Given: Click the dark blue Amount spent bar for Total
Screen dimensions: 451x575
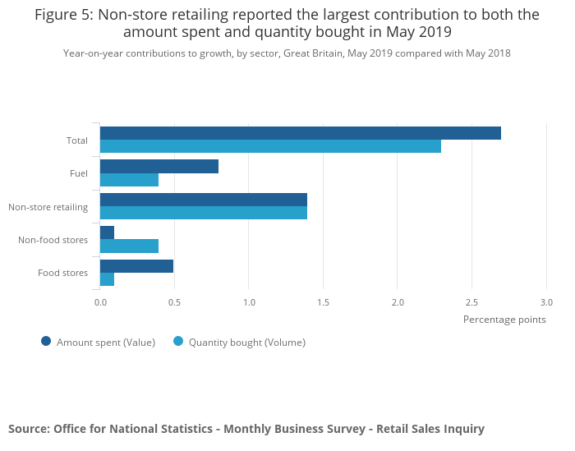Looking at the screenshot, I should pyautogui.click(x=300, y=133).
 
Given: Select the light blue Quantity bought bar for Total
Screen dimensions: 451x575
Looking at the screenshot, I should pyautogui.click(x=270, y=146).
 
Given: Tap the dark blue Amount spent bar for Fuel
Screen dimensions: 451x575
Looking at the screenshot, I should pyautogui.click(x=159, y=166).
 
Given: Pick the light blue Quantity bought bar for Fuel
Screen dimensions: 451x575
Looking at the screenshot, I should pyautogui.click(x=129, y=180).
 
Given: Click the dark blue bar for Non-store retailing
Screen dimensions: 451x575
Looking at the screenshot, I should pyautogui.click(x=204, y=200).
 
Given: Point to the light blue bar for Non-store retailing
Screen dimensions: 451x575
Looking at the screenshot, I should pyautogui.click(x=204, y=213).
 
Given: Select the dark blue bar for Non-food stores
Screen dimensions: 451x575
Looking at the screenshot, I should pyautogui.click(x=107, y=232).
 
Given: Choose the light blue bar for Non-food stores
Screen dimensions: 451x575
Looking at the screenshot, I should pyautogui.click(x=129, y=246).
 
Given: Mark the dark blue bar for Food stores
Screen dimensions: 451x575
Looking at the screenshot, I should pyautogui.click(x=136, y=266).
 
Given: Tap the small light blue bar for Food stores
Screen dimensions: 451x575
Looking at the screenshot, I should pyautogui.click(x=107, y=279).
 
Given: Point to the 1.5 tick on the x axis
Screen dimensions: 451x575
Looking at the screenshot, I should pyautogui.click(x=323, y=302).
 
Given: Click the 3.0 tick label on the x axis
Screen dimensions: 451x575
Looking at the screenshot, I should pyautogui.click(x=546, y=302).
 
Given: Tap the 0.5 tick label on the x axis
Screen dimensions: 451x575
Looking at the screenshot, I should pyautogui.click(x=174, y=302).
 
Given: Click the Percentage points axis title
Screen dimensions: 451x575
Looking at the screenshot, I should pyautogui.click(x=504, y=320).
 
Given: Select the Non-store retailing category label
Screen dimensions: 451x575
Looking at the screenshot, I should pyautogui.click(x=48, y=207).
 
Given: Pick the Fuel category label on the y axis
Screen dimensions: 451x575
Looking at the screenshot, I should pyautogui.click(x=79, y=173).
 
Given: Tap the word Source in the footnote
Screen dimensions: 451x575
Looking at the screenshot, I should pyautogui.click(x=28, y=429).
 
